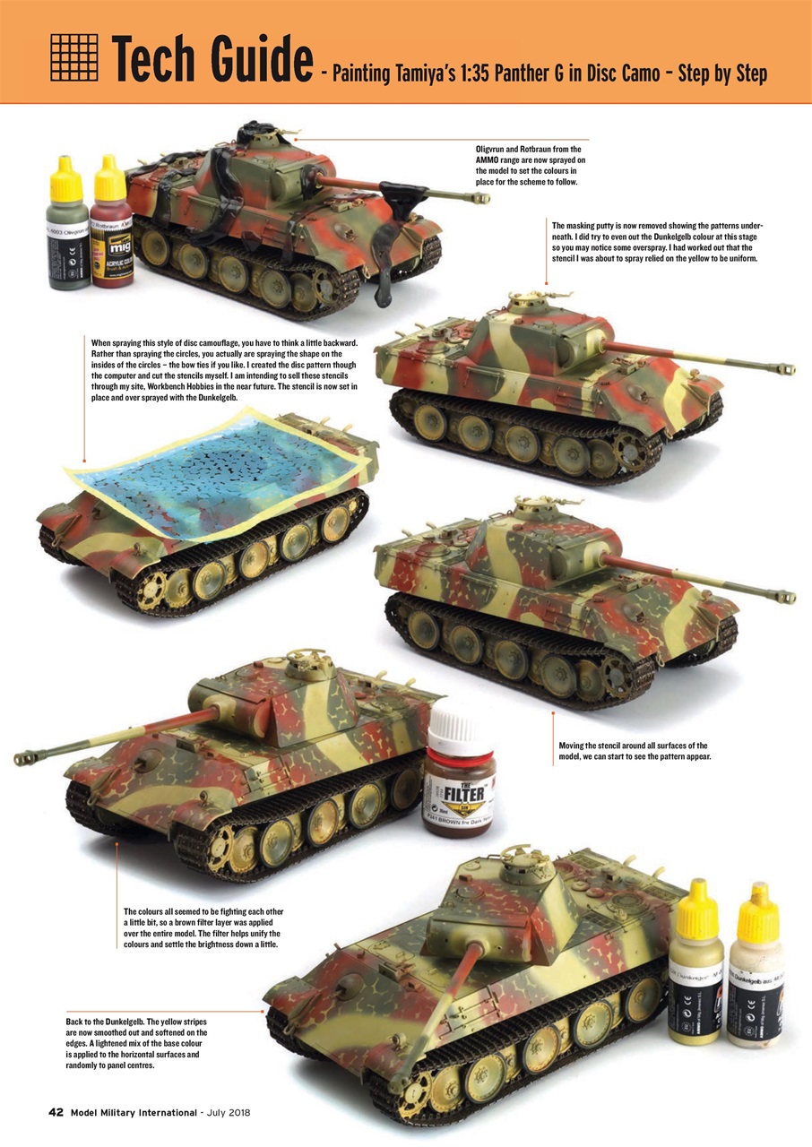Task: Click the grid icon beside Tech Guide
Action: pyautogui.click(x=73, y=56)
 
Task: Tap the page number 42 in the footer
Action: pyautogui.click(x=56, y=1113)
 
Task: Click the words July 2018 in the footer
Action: pyautogui.click(x=229, y=1113)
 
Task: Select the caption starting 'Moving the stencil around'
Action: pyautogui.click(x=633, y=752)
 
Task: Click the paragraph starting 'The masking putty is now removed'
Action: pyautogui.click(x=658, y=241)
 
